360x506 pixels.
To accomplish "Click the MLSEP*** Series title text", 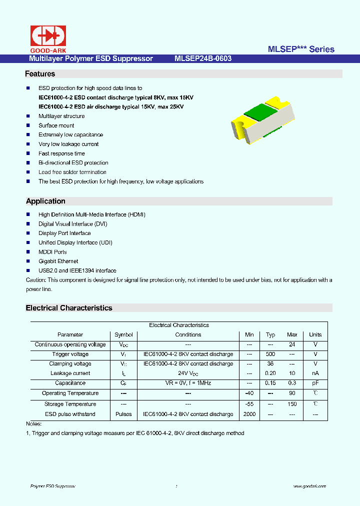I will coord(301,49).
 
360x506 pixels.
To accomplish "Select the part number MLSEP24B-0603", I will coord(203,58).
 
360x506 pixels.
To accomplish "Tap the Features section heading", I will coord(40,74).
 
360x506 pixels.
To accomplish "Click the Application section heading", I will coord(45,201).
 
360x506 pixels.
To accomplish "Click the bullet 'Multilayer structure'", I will coord(61,116).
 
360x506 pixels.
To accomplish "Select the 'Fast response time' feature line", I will coord(61,153).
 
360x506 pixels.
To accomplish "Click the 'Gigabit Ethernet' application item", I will coord(58,261).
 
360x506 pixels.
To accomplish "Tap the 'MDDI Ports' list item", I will coord(52,252).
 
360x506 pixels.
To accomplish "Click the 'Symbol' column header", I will coord(123,334).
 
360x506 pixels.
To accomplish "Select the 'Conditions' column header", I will coord(188,334).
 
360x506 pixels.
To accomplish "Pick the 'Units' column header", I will coord(315,334).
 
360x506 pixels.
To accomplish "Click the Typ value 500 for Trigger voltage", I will coord(270,354).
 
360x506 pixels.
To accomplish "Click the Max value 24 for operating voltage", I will coord(292,344).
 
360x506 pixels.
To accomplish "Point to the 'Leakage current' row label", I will coord(70,373).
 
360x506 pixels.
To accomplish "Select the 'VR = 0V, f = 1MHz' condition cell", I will coord(188,383).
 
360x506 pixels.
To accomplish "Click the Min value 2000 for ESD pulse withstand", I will coord(249,414).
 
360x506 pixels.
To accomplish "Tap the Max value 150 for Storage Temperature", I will coord(292,404).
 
